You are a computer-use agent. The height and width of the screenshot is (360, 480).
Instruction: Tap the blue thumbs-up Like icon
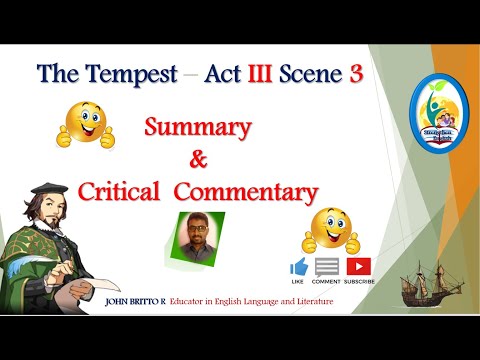pyautogui.click(x=298, y=267)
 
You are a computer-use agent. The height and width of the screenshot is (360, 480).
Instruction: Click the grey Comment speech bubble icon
pyautogui.click(x=327, y=267)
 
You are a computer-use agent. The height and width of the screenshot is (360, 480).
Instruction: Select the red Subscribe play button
pyautogui.click(x=358, y=267)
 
